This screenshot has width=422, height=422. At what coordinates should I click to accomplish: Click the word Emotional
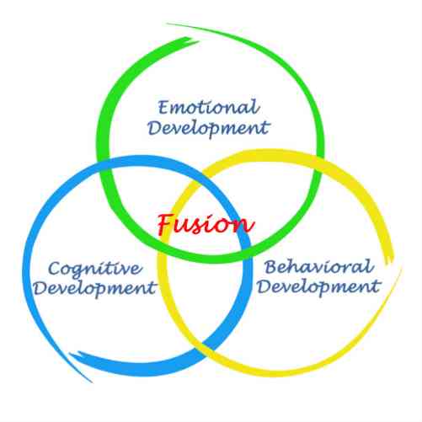tap(208, 107)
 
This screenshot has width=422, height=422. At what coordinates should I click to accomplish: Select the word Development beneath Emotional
tap(209, 129)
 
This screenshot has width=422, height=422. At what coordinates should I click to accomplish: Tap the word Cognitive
tap(95, 269)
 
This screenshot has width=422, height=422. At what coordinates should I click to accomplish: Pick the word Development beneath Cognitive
tap(94, 288)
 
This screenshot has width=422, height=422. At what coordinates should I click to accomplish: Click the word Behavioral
tap(319, 266)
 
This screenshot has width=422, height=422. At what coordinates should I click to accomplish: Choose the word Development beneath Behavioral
tap(319, 287)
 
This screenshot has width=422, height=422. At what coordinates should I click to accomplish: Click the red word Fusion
tap(206, 224)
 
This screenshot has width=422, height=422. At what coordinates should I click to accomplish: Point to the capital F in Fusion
tap(166, 224)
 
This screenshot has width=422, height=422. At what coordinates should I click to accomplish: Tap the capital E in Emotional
tap(163, 107)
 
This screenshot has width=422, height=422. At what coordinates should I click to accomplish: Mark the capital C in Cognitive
tap(55, 269)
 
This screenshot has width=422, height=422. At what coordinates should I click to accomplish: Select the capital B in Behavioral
tap(271, 267)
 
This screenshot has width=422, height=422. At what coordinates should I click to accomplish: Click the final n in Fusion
tap(246, 226)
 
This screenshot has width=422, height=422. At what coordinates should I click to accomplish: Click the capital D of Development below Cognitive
tap(40, 288)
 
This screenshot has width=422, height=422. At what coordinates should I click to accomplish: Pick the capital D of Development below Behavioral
tap(264, 286)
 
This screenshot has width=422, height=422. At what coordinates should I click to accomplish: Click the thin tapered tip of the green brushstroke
tap(169, 24)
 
